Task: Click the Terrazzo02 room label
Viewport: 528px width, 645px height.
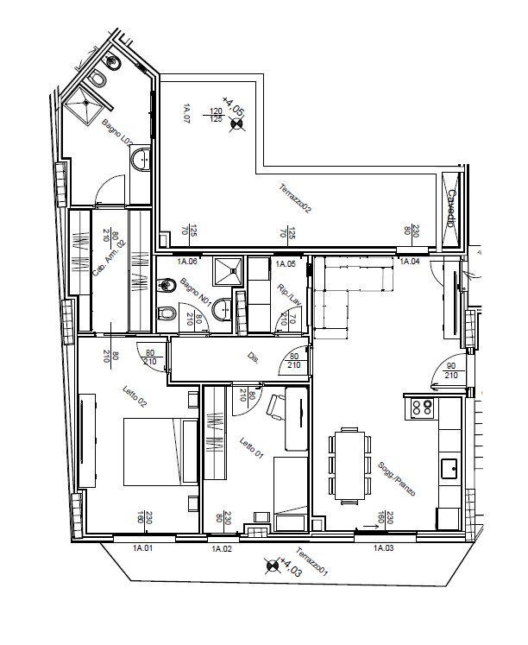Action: [294, 198]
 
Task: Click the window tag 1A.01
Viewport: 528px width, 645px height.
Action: [142, 547]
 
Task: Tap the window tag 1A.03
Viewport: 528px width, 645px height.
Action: [383, 547]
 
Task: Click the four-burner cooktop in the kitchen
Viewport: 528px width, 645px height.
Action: [422, 408]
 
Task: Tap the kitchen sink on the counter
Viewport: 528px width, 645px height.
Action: [449, 469]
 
